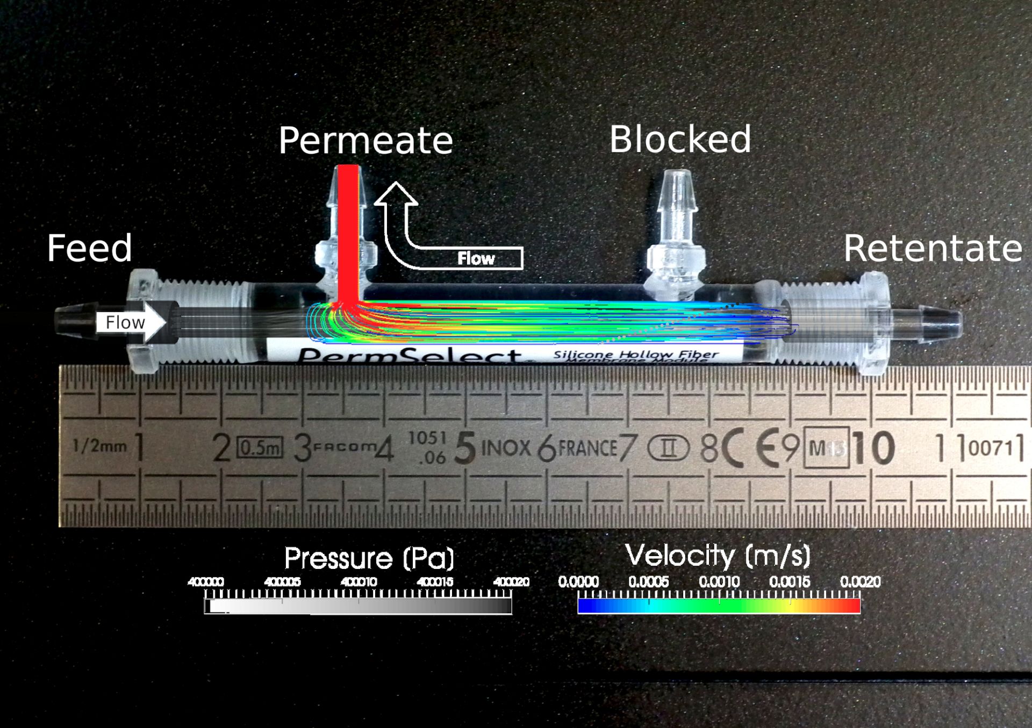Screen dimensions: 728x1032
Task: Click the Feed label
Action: pos(89,248)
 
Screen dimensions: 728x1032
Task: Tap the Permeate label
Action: pos(365,141)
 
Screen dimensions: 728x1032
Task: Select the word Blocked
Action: pos(680,140)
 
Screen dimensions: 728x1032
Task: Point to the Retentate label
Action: pos(933,248)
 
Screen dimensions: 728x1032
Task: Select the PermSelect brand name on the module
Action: pos(408,356)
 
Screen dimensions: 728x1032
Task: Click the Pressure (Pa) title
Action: pos(369,558)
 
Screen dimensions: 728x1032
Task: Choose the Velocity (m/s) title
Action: pos(718,556)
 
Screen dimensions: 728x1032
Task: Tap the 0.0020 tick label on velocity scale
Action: pos(860,582)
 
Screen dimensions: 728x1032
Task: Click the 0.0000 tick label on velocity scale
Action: pos(578,582)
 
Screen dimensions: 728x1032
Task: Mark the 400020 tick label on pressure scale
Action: pos(511,582)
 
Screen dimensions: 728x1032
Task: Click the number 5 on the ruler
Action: pos(465,448)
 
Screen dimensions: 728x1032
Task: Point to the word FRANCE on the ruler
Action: pos(587,448)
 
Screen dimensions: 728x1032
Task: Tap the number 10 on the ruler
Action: pos(873,448)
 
